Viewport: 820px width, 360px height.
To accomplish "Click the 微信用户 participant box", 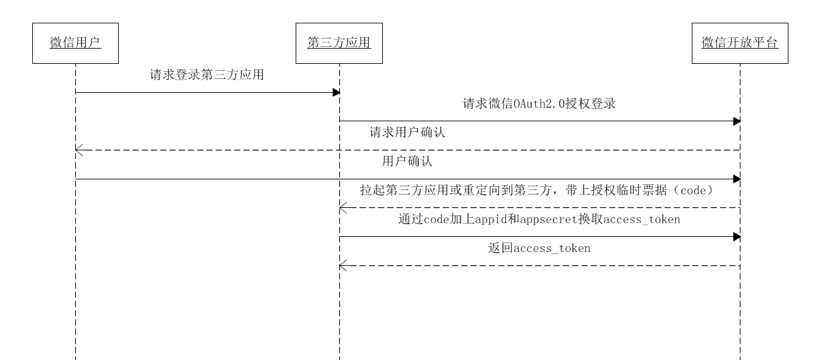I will point(75,43).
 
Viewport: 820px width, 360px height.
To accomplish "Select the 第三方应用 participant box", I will point(339,43).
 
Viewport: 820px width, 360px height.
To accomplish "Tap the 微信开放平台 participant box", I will point(740,43).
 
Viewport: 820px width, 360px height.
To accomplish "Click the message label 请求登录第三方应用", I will point(207,75).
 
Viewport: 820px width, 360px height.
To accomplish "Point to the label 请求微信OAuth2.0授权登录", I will point(540,104).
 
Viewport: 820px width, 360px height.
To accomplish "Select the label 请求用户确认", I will point(407,133).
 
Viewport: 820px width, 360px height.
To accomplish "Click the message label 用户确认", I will point(407,162).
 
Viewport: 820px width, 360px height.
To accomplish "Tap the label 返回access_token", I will point(540,248).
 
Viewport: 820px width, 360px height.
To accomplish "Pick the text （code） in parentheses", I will point(690,191).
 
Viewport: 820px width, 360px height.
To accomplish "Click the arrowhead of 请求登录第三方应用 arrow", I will point(337,93).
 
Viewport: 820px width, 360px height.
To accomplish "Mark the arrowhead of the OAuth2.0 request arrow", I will point(737,121).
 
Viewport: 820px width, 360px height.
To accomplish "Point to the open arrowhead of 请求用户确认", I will point(78,150).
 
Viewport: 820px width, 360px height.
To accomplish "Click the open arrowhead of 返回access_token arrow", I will point(342,265).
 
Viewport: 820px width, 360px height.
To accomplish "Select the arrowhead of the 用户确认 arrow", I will point(737,179).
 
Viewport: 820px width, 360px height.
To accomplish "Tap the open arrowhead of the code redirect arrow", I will point(342,208).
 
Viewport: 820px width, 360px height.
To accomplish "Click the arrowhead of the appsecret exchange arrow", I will point(737,237).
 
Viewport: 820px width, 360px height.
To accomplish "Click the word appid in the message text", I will point(493,220).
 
